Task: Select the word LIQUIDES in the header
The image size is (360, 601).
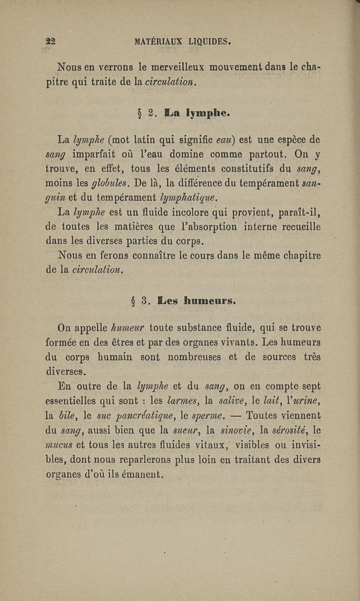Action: click(210, 42)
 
